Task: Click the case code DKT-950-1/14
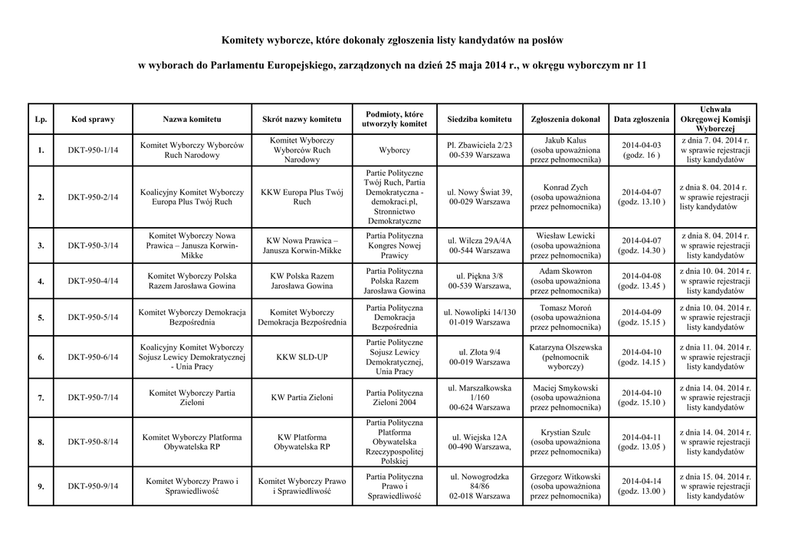[92, 150]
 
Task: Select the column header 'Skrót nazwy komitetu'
[301, 120]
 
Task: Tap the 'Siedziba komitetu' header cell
[479, 120]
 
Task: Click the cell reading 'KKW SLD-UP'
[301, 357]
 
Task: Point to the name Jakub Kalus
[565, 140]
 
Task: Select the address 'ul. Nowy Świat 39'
[479, 192]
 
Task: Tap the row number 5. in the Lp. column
[41, 317]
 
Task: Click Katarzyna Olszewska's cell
[565, 357]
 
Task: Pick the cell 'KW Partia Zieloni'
[301, 397]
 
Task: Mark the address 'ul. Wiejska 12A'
[479, 436]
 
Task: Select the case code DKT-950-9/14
[92, 486]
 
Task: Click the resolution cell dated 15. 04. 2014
[714, 486]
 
